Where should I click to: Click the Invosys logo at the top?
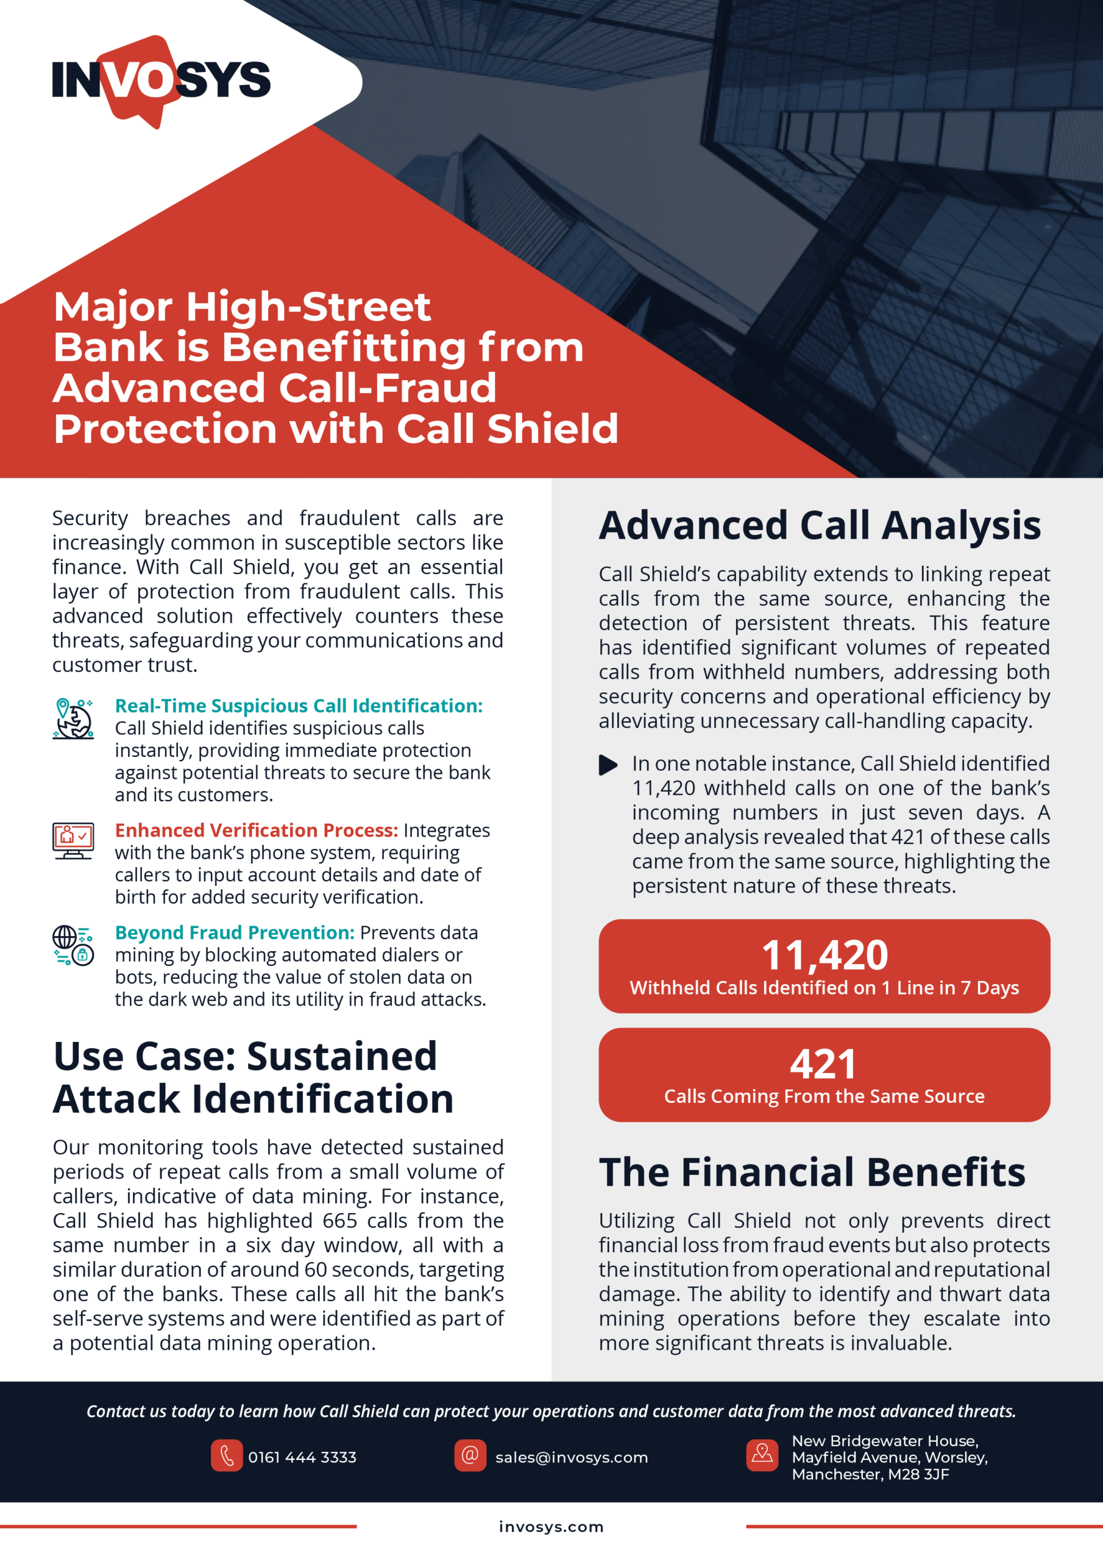[x=161, y=80]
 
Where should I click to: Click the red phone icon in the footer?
[x=226, y=1455]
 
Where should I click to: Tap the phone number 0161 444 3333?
[x=302, y=1458]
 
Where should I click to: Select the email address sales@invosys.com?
[x=571, y=1458]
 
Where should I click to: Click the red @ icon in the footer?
[x=470, y=1455]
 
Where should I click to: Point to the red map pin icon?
[x=762, y=1455]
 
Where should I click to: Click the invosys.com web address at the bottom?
[x=551, y=1526]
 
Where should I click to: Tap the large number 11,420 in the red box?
[x=824, y=955]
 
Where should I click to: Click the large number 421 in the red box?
[x=823, y=1064]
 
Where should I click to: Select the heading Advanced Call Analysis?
[x=820, y=525]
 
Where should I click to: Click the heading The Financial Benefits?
[x=812, y=1172]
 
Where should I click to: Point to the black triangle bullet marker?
[x=608, y=765]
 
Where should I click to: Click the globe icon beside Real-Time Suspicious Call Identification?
[x=73, y=718]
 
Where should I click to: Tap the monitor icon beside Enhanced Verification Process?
[x=73, y=840]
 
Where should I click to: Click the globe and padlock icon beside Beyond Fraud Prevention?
[x=73, y=945]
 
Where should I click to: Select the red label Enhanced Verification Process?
[x=256, y=831]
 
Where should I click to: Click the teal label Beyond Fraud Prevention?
[x=235, y=932]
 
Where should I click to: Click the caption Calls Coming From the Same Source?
[x=824, y=1096]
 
